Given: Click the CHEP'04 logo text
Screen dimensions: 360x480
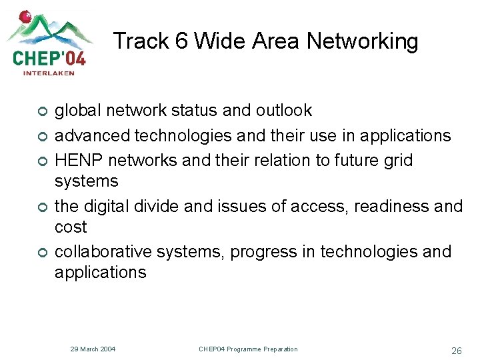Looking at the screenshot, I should [x=49, y=56].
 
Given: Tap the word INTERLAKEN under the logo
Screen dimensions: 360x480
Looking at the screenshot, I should [x=49, y=73].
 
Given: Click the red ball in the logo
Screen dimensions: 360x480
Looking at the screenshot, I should [x=25, y=16].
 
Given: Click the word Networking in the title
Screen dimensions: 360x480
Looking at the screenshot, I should [x=363, y=41].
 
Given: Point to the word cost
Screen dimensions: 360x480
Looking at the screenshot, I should [x=71, y=227].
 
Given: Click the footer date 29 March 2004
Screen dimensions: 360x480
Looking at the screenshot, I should [x=93, y=349].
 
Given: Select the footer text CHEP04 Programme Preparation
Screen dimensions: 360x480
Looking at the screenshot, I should [x=248, y=349].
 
